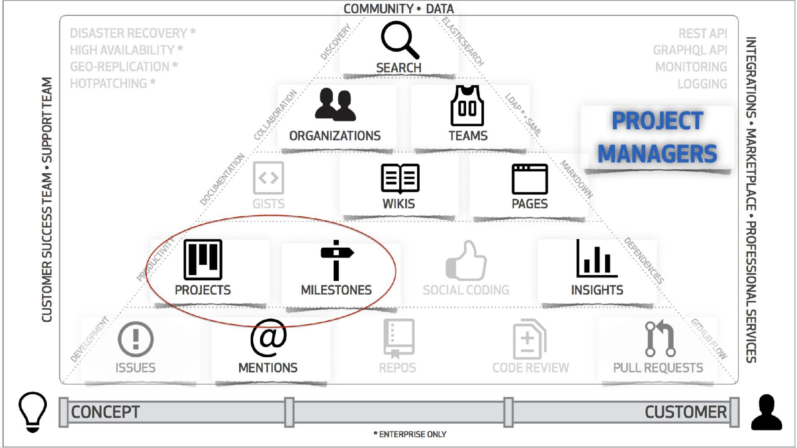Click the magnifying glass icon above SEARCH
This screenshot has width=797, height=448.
point(399,40)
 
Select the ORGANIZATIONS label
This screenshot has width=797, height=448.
point(335,136)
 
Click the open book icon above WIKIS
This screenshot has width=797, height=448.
point(400,178)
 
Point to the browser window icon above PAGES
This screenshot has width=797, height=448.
point(530,179)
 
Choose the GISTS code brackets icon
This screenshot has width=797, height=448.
point(269,178)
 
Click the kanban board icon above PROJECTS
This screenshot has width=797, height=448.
point(203,260)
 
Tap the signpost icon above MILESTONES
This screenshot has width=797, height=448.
point(336,260)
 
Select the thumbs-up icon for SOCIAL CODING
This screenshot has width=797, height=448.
point(466,261)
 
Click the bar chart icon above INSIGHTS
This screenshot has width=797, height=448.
point(597,260)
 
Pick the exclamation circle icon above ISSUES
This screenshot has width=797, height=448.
point(136,339)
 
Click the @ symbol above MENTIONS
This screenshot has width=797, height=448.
point(268,338)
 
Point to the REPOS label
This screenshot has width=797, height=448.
point(397,368)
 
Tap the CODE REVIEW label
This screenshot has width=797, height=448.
point(531,368)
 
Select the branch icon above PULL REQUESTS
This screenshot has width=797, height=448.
point(660,338)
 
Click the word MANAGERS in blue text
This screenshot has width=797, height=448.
point(657,154)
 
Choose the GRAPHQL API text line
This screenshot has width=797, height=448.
point(690,50)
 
